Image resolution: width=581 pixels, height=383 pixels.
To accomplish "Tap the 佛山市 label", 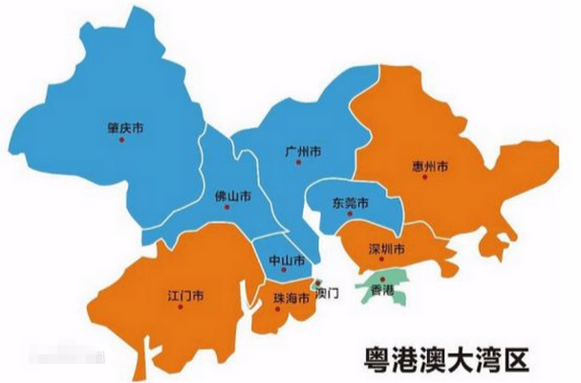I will coord(234,194).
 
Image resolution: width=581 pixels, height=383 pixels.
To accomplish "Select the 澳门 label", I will coord(327,292).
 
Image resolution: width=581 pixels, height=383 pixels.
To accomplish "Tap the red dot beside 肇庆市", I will coord(121,140).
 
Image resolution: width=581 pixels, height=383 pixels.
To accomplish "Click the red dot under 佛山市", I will coord(226,207).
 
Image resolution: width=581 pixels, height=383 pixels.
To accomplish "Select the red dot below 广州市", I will coord(298,163).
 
